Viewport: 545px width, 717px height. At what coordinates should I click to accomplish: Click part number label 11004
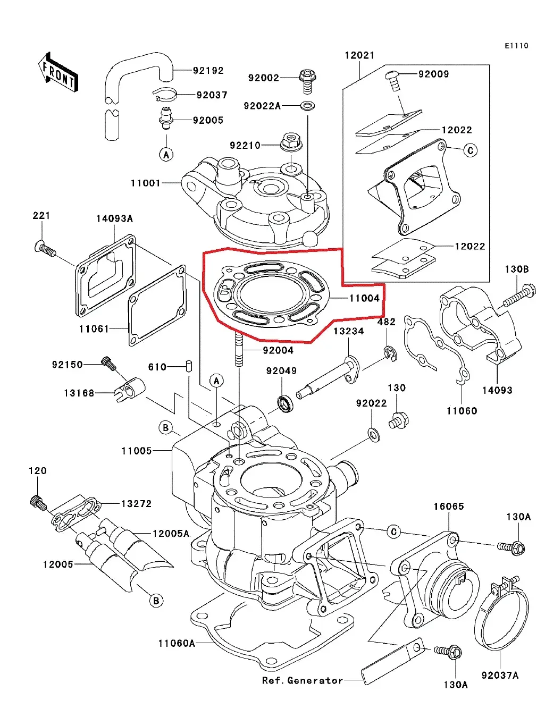click(364, 298)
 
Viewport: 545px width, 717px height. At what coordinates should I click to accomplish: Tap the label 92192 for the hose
click(208, 71)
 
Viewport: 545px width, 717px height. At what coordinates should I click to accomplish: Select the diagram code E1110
click(516, 46)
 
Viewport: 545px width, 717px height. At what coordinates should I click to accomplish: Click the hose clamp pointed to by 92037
click(165, 94)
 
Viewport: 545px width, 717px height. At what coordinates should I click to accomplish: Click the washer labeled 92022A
click(307, 105)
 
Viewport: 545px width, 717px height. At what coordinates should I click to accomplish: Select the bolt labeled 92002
click(307, 79)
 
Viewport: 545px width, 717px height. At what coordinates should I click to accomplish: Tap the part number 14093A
click(114, 218)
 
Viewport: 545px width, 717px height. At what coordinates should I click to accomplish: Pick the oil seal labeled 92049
click(286, 403)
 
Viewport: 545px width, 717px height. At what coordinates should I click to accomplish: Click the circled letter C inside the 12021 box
click(470, 150)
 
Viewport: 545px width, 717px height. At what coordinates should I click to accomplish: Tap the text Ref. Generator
click(302, 680)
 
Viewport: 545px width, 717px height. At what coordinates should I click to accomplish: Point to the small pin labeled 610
click(188, 366)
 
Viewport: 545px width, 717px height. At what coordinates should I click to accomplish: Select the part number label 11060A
click(176, 643)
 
